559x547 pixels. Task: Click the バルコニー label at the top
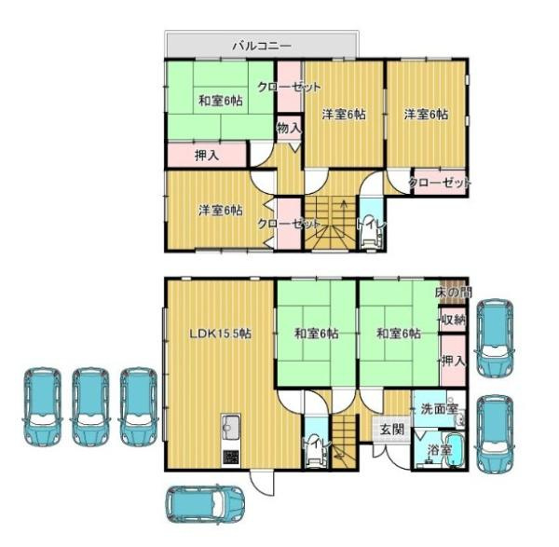tap(262, 44)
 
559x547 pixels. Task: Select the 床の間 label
tap(452, 293)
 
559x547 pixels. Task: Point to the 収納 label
tap(453, 320)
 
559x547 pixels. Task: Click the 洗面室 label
tap(438, 408)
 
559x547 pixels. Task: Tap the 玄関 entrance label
tap(390, 429)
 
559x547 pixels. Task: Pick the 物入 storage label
tap(289, 128)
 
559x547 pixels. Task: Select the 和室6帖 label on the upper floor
tap(219, 101)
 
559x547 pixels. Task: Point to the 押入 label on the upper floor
tap(206, 155)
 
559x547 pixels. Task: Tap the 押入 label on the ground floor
tap(453, 360)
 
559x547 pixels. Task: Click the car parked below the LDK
tap(204, 504)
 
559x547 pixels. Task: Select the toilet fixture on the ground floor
tap(315, 450)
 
